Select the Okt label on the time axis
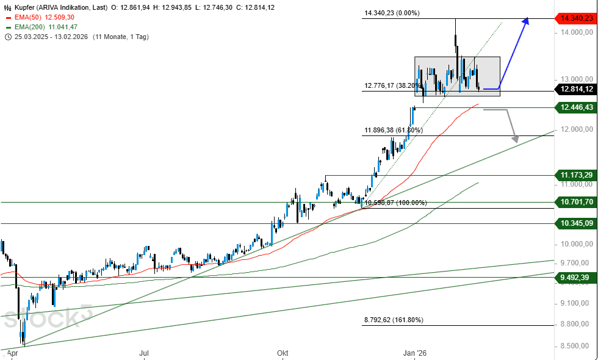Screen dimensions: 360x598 283,353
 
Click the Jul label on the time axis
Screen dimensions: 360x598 144,353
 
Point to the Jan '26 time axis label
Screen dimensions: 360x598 414,353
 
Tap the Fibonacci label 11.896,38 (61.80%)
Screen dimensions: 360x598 393,130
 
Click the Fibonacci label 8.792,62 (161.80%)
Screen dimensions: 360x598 394,320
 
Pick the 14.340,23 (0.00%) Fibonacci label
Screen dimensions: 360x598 391,13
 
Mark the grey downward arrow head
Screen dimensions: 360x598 515,139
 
